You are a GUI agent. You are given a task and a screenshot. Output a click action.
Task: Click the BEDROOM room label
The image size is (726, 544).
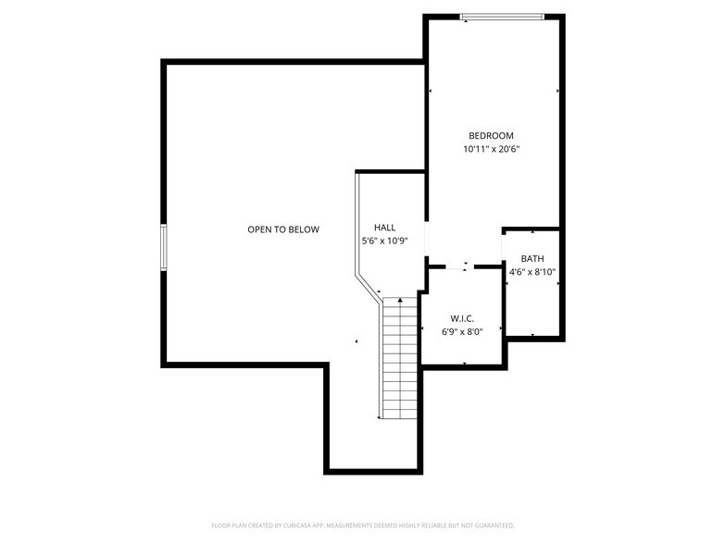click(x=490, y=136)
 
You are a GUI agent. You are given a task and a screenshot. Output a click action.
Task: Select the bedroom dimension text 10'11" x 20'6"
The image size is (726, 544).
click(x=491, y=149)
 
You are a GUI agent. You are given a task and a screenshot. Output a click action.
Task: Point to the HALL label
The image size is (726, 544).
click(x=384, y=228)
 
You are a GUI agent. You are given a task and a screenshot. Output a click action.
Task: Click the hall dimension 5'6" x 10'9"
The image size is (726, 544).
click(x=384, y=241)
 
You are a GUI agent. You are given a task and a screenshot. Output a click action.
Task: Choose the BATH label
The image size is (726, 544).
click(x=532, y=259)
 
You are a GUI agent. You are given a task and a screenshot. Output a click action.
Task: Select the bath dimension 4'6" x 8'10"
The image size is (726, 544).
click(x=532, y=273)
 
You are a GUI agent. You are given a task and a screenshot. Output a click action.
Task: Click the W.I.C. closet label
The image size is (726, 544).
click(x=462, y=318)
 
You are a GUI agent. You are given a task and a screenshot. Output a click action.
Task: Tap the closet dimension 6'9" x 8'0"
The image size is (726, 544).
click(x=462, y=332)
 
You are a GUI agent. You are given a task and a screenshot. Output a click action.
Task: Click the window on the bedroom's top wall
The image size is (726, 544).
click(x=502, y=16)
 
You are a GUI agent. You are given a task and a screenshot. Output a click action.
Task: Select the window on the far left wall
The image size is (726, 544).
click(x=164, y=248)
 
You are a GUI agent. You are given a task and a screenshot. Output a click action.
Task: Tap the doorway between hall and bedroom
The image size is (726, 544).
click(x=426, y=242)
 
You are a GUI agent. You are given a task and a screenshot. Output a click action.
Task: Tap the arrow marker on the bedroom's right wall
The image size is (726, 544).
click(x=558, y=91)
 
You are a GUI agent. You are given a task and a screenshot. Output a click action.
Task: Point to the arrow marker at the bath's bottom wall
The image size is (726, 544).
click(x=532, y=335)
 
